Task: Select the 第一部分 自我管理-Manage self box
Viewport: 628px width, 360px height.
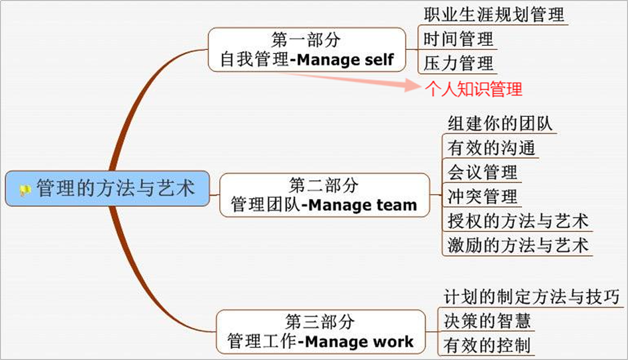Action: [x=307, y=49]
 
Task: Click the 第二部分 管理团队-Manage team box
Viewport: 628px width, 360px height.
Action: [x=324, y=195]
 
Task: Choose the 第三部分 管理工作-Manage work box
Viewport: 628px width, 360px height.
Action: [x=320, y=332]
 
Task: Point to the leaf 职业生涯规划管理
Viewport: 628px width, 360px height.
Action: [x=494, y=14]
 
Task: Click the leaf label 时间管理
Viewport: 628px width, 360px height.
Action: [x=458, y=39]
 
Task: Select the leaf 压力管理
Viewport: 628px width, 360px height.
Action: [x=458, y=63]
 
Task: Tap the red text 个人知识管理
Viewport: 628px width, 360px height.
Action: [x=474, y=89]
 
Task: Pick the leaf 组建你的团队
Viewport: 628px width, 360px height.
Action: [x=500, y=124]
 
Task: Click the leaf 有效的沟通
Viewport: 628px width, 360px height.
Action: [x=491, y=148]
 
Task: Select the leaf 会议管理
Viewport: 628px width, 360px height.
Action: [x=482, y=172]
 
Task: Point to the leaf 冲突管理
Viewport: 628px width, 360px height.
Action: [x=482, y=197]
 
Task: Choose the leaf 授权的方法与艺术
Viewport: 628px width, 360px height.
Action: [x=518, y=221]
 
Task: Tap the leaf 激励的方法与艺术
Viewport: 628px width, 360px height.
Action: [x=518, y=245]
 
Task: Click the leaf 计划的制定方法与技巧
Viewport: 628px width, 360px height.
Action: [x=531, y=297]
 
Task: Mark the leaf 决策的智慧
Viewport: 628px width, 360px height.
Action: [x=487, y=320]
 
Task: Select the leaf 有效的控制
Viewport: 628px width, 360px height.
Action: [x=487, y=345]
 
